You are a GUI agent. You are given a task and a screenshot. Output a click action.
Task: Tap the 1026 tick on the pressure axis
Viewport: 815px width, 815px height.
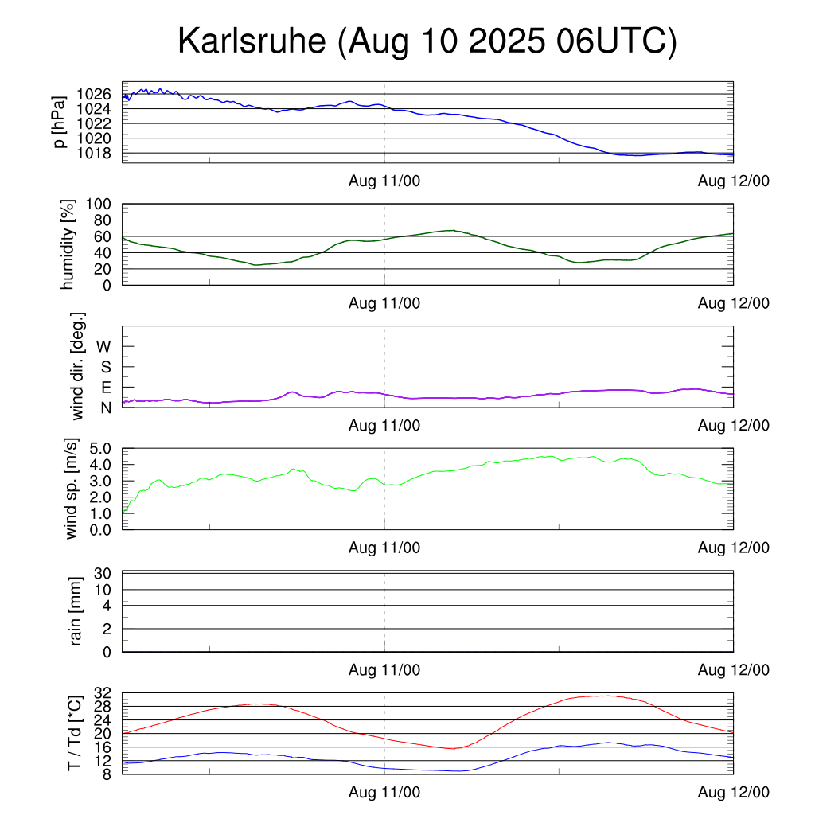95,94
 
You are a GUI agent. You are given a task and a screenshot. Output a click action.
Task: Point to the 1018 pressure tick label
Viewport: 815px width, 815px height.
95,153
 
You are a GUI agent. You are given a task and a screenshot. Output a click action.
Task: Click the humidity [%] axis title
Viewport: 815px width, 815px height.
68,244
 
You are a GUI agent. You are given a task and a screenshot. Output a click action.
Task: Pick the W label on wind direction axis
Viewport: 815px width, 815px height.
104,346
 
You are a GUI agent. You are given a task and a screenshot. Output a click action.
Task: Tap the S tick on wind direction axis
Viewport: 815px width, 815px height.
105,367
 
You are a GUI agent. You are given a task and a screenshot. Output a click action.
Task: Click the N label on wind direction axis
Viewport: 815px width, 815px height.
105,407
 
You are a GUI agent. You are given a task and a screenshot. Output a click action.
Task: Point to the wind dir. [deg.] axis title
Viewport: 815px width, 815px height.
78,366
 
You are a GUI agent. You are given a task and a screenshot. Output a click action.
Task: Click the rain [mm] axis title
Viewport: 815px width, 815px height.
76,611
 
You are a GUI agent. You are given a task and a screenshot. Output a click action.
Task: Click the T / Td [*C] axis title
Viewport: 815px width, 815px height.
74,733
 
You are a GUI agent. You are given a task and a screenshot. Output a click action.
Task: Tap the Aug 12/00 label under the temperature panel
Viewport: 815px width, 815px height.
734,792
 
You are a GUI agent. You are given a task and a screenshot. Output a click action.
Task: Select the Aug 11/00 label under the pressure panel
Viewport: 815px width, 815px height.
384,181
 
